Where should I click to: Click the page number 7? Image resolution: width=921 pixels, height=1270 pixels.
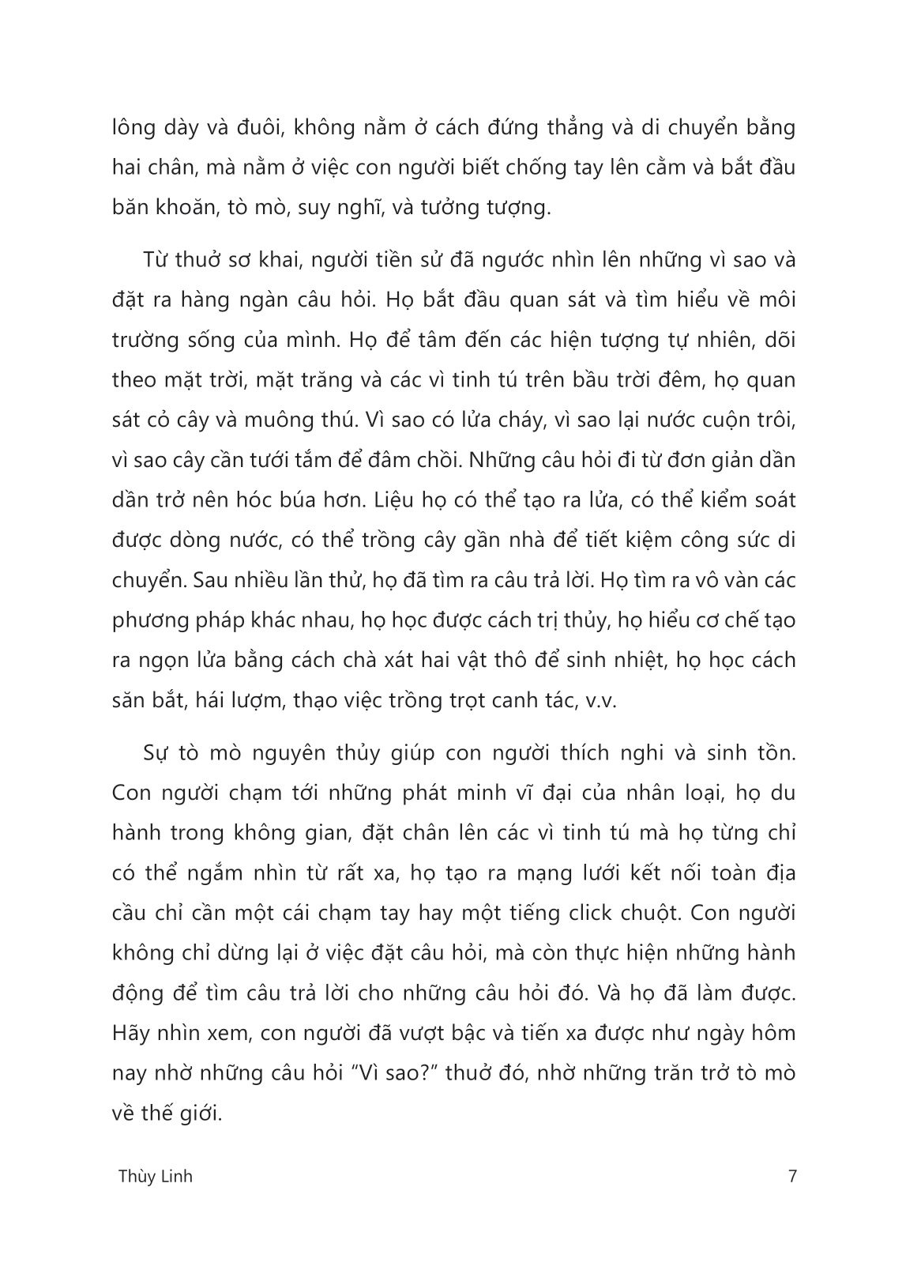pyautogui.click(x=792, y=1176)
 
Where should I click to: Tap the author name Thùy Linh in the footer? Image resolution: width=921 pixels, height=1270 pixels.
pyautogui.click(x=154, y=1176)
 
